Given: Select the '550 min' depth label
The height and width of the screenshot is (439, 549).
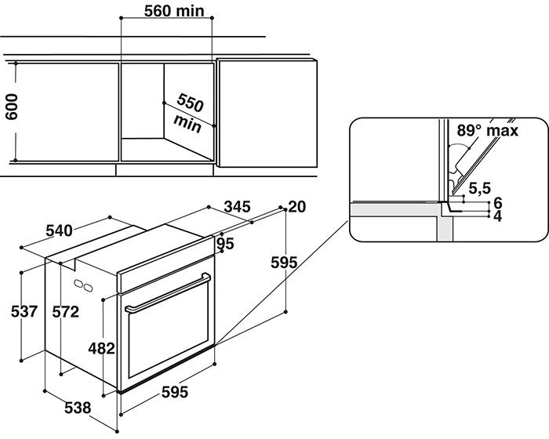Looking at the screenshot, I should coord(189,111).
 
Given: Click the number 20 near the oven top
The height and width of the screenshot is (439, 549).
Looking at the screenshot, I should coord(296,207).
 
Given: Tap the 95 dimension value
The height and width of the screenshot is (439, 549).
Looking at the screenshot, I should coord(226,244).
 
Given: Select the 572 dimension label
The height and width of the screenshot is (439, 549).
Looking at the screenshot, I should coord(65,311).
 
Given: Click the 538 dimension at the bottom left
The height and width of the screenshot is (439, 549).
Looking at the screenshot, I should coord(77,408).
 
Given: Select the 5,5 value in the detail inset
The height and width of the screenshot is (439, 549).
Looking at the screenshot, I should coord(479,188).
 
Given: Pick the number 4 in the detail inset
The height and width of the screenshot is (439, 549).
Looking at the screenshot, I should coord(496,216).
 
